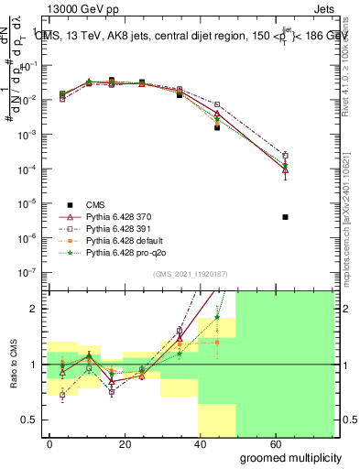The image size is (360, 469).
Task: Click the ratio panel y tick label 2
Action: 35,309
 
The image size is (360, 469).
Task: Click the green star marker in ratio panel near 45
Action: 217,318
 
